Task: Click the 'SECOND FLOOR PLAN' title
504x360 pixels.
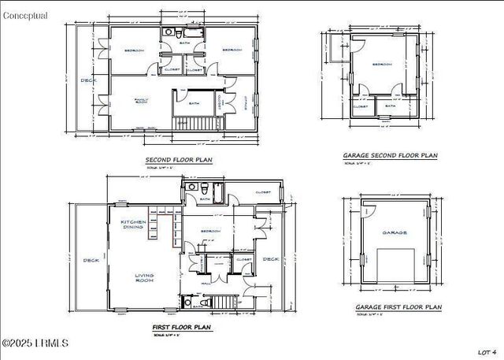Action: [x=178, y=160]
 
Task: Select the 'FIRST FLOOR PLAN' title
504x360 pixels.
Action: [x=181, y=326]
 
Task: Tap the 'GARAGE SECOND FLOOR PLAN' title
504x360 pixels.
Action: [x=390, y=156]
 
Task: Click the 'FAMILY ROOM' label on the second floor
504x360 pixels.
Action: [x=141, y=102]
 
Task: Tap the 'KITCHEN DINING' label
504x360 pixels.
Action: [x=132, y=225]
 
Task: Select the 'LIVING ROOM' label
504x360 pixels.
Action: [x=144, y=278]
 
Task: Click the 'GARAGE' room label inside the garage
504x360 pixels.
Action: [x=395, y=233]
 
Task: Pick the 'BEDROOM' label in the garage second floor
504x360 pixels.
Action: [x=382, y=65]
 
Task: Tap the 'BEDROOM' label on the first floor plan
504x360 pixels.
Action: [x=209, y=232]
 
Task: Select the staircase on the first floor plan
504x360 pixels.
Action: [x=225, y=302]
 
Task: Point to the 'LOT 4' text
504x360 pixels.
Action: [x=487, y=351]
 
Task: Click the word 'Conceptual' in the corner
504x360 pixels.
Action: [x=24, y=15]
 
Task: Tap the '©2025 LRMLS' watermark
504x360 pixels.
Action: [x=35, y=343]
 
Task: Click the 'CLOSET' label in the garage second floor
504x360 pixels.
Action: [x=361, y=106]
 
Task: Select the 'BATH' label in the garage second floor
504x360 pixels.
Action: [x=390, y=106]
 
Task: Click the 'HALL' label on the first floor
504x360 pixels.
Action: [x=206, y=283]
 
